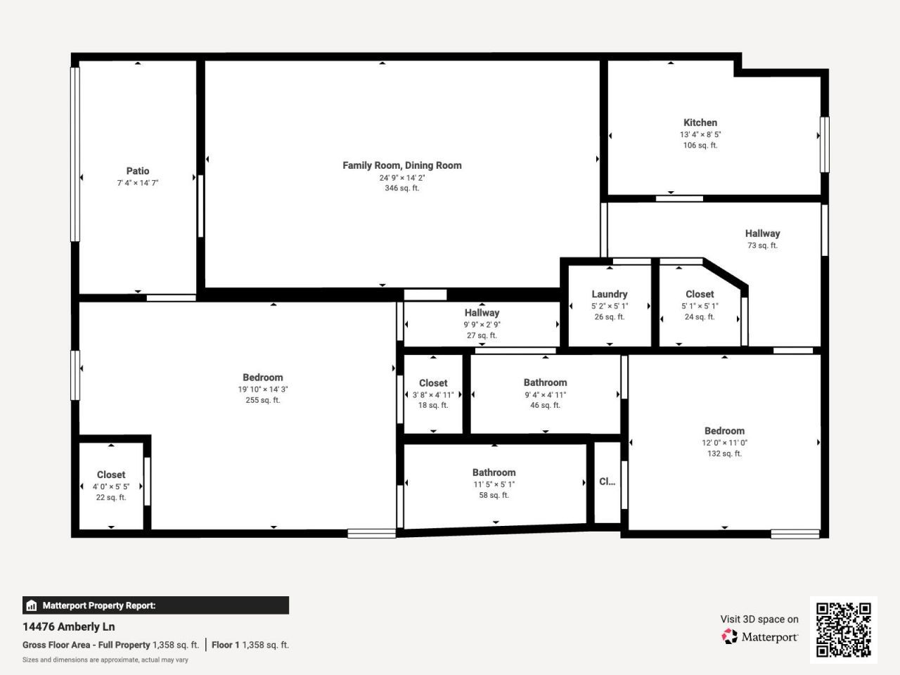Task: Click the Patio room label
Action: click(x=138, y=171)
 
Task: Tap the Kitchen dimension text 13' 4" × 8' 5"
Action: click(x=700, y=134)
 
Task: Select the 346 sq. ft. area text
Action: click(x=402, y=188)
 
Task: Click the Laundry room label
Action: click(x=609, y=294)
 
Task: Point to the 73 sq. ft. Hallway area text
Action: click(x=762, y=245)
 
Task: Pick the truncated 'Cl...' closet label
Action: click(x=607, y=482)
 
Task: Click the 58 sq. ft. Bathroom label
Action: click(x=494, y=472)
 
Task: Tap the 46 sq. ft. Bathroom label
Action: click(x=545, y=382)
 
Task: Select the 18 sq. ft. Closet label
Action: click(x=433, y=383)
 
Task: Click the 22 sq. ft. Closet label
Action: click(x=111, y=475)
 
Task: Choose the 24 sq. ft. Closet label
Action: click(x=700, y=294)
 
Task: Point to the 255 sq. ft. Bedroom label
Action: click(x=262, y=378)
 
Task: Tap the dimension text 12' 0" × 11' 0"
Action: click(x=724, y=443)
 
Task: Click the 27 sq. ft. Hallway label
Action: click(x=482, y=313)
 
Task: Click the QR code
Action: click(x=843, y=629)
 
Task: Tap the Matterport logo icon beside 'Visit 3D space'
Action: click(x=730, y=637)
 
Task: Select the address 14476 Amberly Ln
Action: click(x=69, y=626)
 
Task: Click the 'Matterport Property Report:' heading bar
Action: click(x=155, y=605)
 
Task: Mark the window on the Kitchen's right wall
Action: click(x=824, y=144)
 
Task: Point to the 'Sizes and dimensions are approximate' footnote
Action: click(x=105, y=660)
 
